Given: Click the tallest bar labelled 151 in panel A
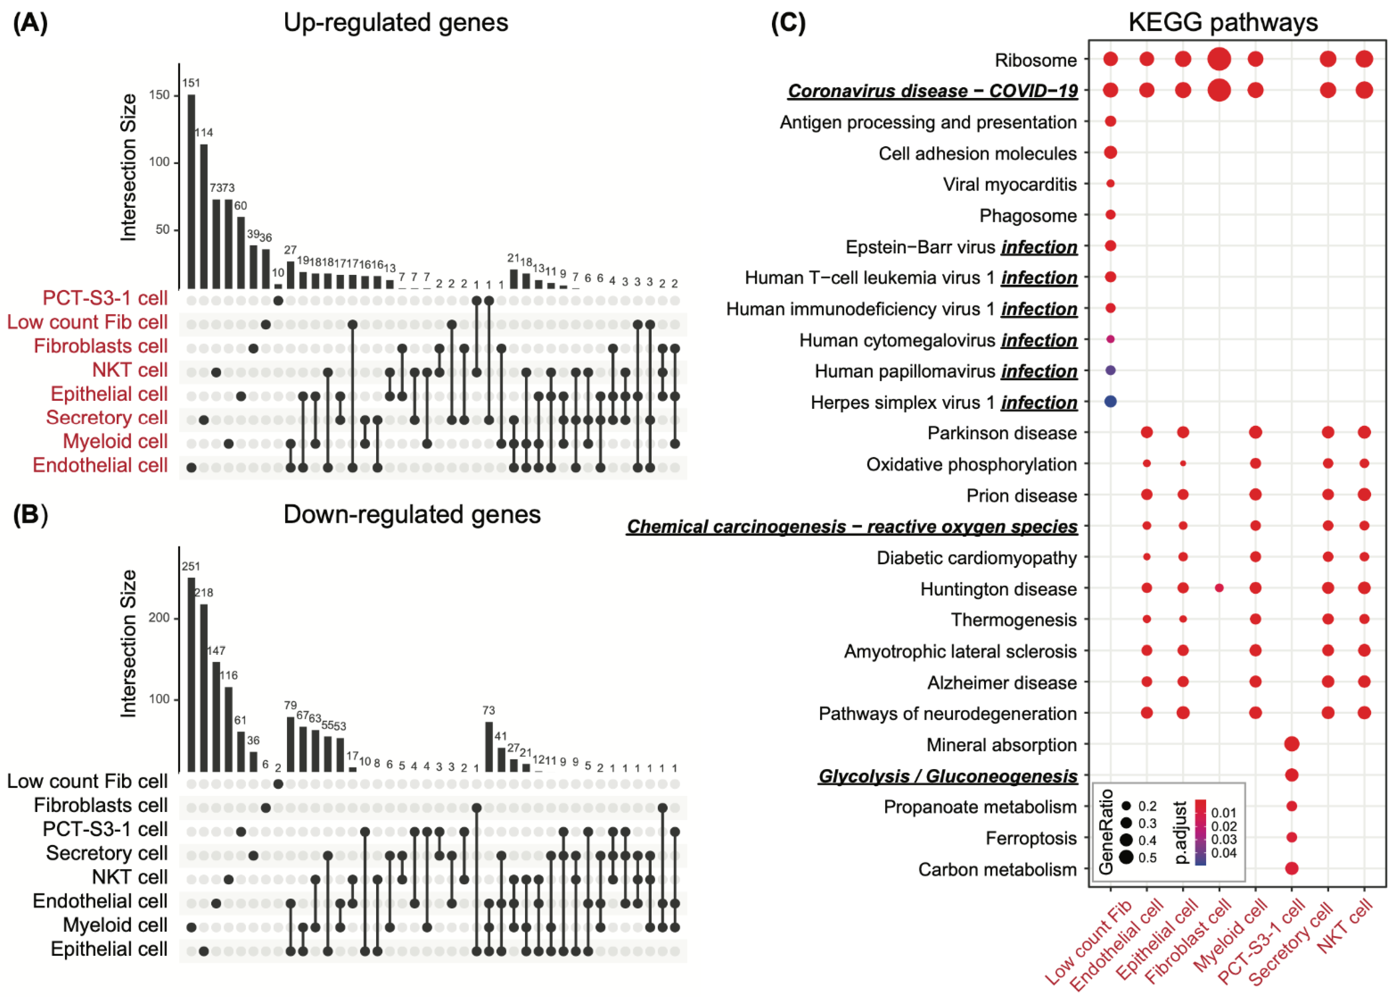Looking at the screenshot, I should (x=192, y=192).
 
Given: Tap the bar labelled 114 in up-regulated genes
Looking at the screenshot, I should (x=204, y=216).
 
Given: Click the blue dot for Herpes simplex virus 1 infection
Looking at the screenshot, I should (x=1110, y=401).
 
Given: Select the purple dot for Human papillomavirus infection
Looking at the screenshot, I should (x=1110, y=370).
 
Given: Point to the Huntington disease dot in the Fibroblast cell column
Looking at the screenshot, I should (x=1219, y=588).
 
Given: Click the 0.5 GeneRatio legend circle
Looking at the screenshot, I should (x=1126, y=857).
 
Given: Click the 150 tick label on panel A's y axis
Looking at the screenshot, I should (x=159, y=95).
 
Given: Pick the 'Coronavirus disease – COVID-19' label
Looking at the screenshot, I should (x=933, y=91).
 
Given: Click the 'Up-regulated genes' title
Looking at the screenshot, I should (x=395, y=23).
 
